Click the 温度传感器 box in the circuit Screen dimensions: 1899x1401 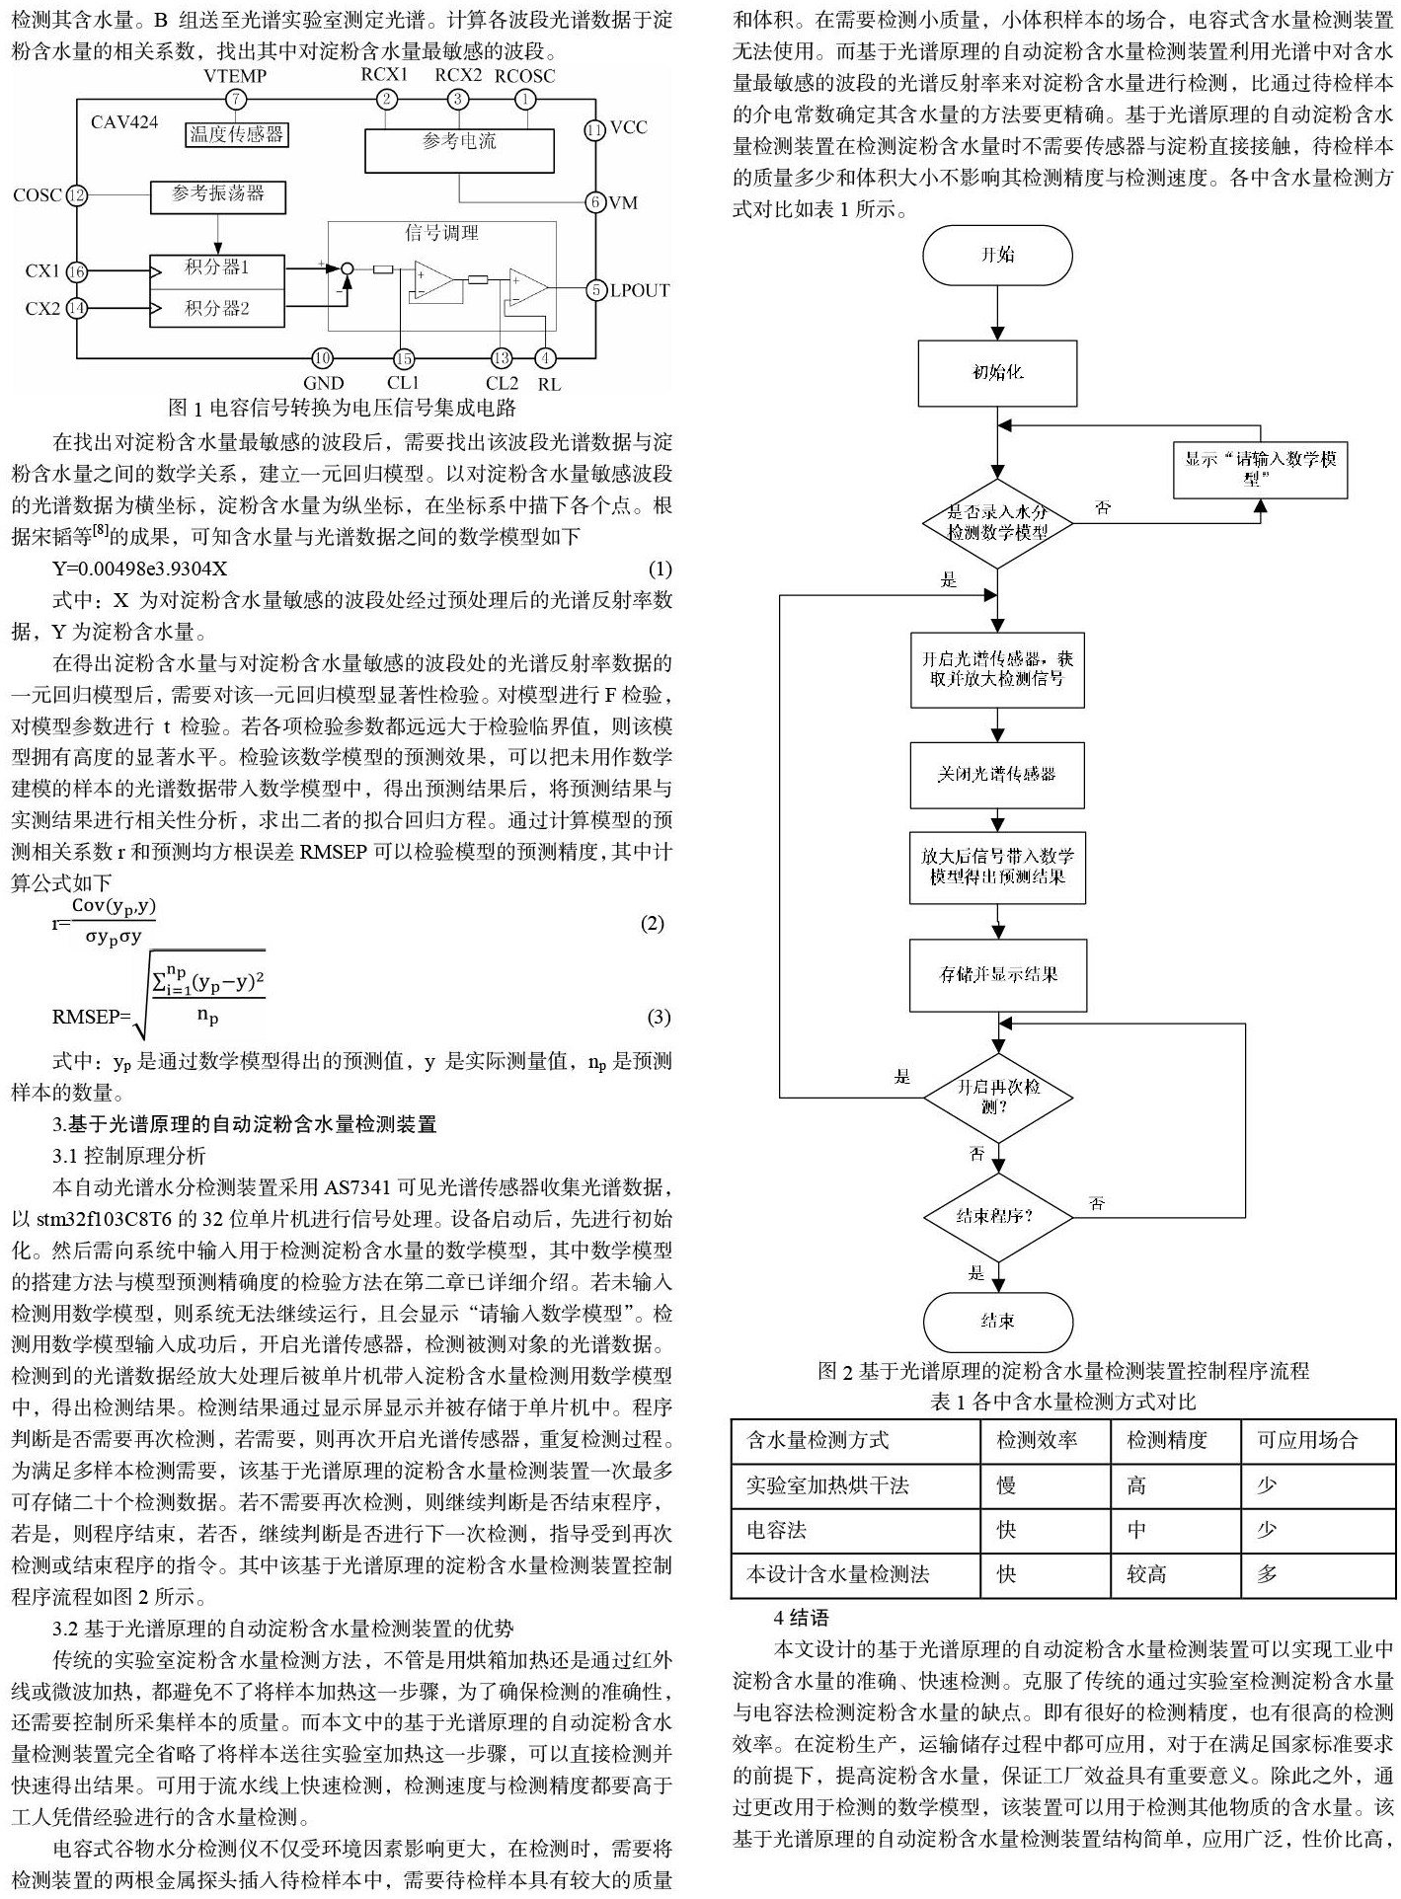coord(236,133)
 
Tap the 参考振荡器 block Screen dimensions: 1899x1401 coord(218,195)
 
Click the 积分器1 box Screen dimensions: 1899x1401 coord(217,268)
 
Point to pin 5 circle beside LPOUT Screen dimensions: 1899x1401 coord(595,289)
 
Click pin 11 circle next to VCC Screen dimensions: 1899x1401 coord(594,128)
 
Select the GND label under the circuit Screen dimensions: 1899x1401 coord(324,383)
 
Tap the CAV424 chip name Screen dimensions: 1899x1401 coord(124,122)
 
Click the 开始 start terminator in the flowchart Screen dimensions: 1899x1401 coord(997,255)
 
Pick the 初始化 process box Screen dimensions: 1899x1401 coord(997,372)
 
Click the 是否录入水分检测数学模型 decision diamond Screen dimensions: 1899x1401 coord(997,522)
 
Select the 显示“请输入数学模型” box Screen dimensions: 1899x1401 coord(1260,469)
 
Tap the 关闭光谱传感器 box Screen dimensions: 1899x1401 coord(997,774)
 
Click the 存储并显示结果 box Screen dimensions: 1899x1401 coord(997,974)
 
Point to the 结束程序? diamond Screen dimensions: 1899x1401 coord(997,1215)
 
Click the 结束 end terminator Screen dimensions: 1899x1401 coord(997,1321)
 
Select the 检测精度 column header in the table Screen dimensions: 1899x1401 coord(1167,1440)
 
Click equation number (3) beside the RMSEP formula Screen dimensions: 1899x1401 coord(659,1017)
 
